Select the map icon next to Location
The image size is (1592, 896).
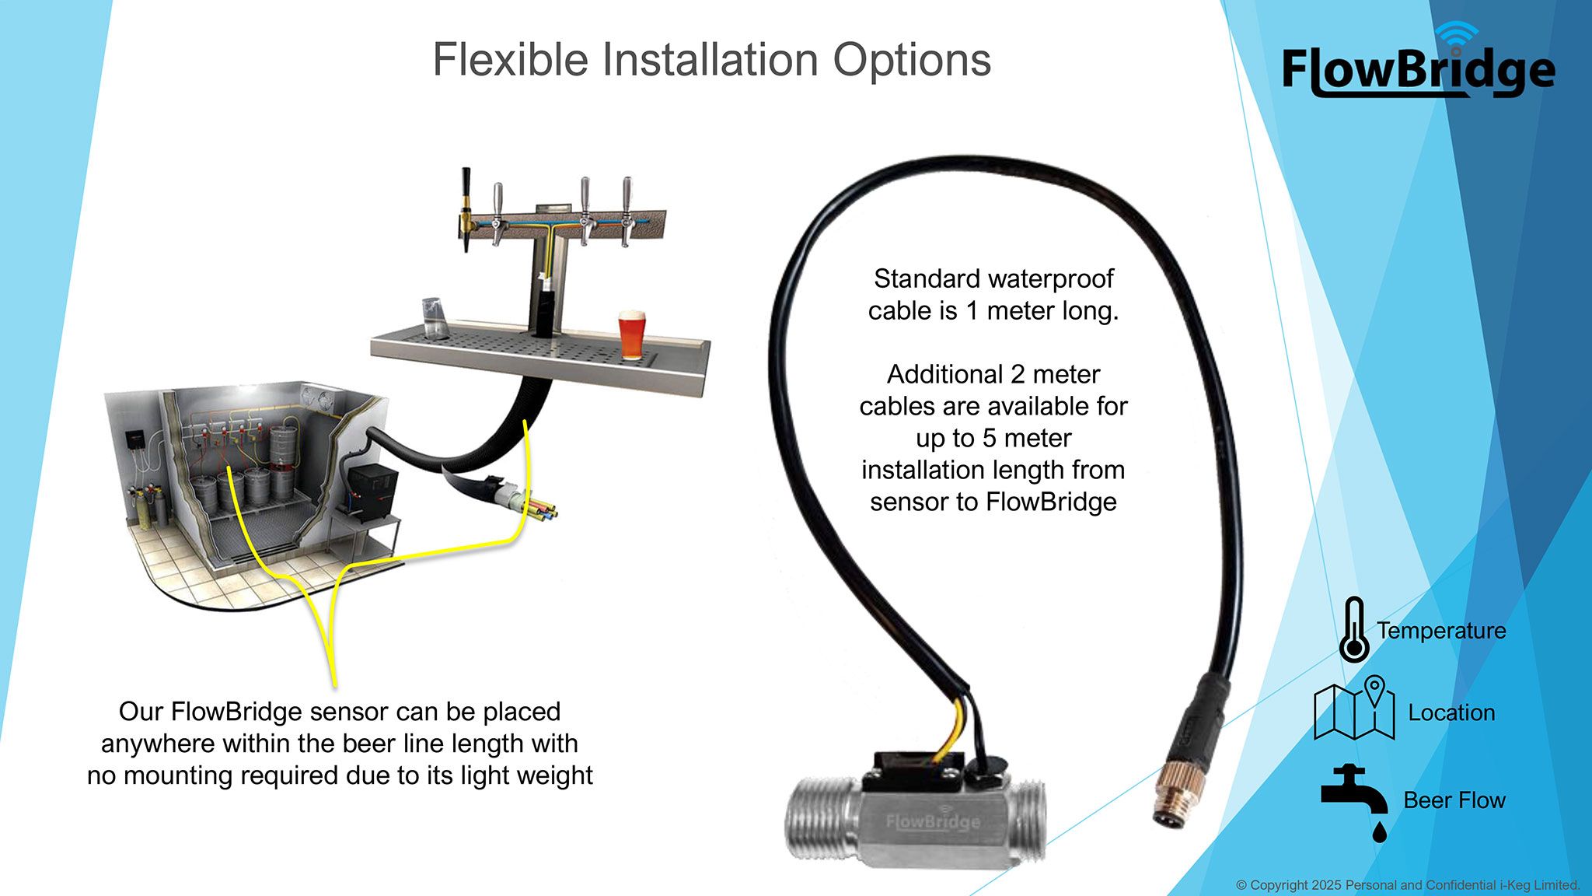[1353, 708]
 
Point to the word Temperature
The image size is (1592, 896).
[1441, 631]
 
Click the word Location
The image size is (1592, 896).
[1451, 712]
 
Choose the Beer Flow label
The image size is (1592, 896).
[1454, 800]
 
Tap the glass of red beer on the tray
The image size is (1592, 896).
[631, 335]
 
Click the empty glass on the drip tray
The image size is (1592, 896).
[436, 319]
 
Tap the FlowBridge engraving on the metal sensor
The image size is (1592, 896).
[933, 821]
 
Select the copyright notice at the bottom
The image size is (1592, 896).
[1408, 885]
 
